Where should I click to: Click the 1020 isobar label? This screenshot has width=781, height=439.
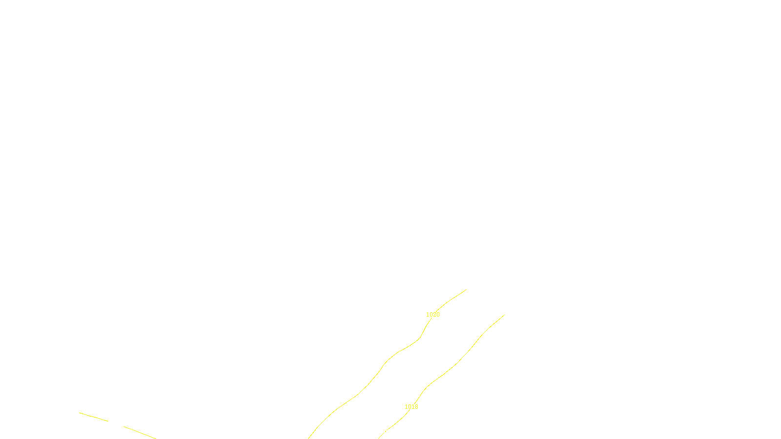coord(433,315)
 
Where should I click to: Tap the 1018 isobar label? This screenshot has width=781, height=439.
coord(411,407)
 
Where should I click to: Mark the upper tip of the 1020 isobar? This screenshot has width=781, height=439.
coord(466,290)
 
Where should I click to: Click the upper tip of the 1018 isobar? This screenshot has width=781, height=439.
coord(504,315)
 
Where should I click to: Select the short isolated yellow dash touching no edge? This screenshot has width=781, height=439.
coord(93,417)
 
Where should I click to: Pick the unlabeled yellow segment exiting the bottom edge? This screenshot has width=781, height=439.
coord(140,432)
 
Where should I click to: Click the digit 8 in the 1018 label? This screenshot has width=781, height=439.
coord(416,407)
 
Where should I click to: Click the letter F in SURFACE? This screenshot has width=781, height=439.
coord(390,431)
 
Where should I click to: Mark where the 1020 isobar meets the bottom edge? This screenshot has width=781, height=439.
coord(308,438)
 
